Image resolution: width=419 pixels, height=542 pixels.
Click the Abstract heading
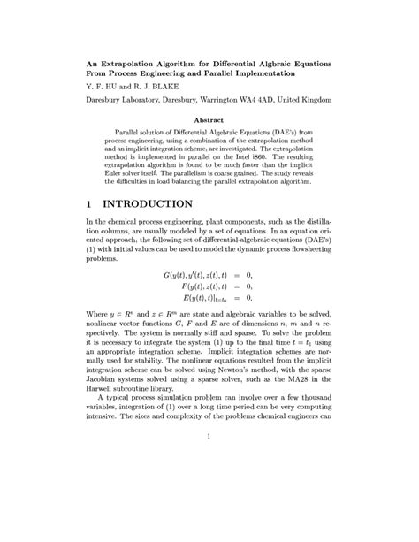pos(209,119)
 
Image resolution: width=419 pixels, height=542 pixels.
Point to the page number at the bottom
pos(209,460)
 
